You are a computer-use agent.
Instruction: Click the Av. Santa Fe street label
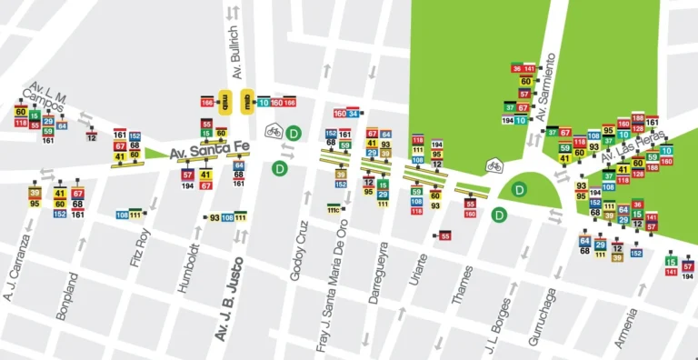pos(199,151)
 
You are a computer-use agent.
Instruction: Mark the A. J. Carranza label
pos(17,268)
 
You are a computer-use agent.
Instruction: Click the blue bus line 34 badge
pos(354,114)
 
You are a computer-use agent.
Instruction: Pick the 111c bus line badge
pos(334,210)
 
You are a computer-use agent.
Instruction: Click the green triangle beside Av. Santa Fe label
pos(153,154)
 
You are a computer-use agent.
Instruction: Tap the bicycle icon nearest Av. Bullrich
pos(273,132)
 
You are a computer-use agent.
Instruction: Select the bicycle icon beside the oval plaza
pos(494,165)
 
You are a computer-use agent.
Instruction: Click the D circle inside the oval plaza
pos(519,190)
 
